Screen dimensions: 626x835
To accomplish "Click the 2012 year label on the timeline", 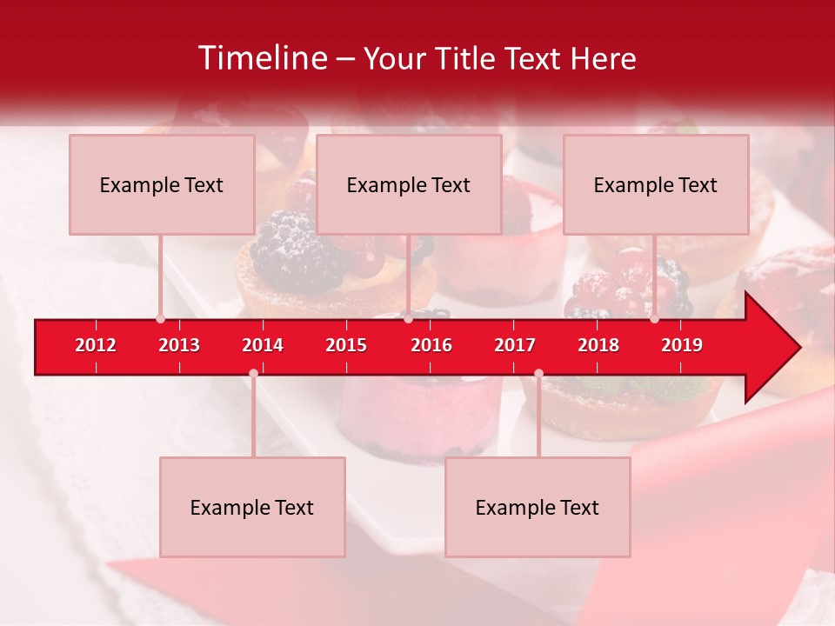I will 96,345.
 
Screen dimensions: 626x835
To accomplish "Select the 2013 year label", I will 179,345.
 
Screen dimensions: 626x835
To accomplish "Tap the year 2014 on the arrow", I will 263,345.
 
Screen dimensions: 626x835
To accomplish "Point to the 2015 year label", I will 346,345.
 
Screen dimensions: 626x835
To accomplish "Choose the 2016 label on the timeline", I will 431,345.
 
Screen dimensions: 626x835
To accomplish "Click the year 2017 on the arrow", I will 515,345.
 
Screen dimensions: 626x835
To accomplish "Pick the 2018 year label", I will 598,345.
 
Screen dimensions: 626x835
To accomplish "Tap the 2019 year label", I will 682,345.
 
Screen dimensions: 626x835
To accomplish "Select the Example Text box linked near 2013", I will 162,184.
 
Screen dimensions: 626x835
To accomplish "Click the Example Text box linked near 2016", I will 409,184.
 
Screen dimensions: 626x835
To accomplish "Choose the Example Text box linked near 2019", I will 656,184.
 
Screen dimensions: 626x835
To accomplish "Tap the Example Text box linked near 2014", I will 252,507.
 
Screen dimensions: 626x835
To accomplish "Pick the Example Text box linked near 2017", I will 538,507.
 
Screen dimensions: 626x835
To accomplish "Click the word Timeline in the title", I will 261,58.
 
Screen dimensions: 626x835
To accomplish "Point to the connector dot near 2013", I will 160,319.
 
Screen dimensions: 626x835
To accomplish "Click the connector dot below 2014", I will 253,374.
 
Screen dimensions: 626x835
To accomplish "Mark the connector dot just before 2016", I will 408,319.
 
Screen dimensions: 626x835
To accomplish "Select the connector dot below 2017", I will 538,374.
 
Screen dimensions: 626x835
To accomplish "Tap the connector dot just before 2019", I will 654,319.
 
